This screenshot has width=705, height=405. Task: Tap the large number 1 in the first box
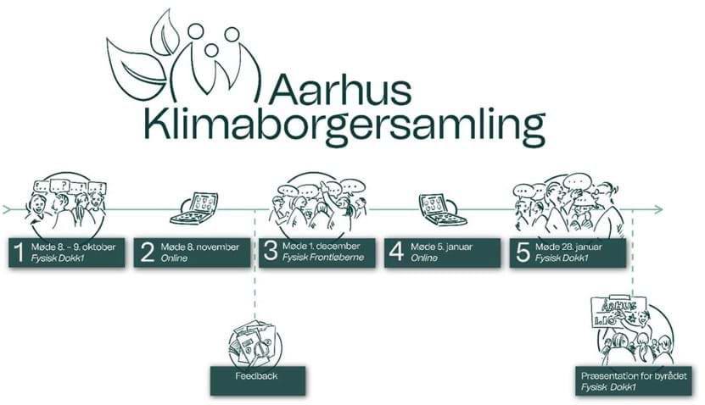tap(18, 252)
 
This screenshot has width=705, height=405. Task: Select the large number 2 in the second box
tap(146, 252)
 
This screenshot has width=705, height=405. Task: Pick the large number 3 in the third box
tap(271, 252)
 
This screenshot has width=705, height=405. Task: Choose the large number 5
tap(523, 252)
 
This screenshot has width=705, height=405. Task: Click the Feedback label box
tap(256, 374)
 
